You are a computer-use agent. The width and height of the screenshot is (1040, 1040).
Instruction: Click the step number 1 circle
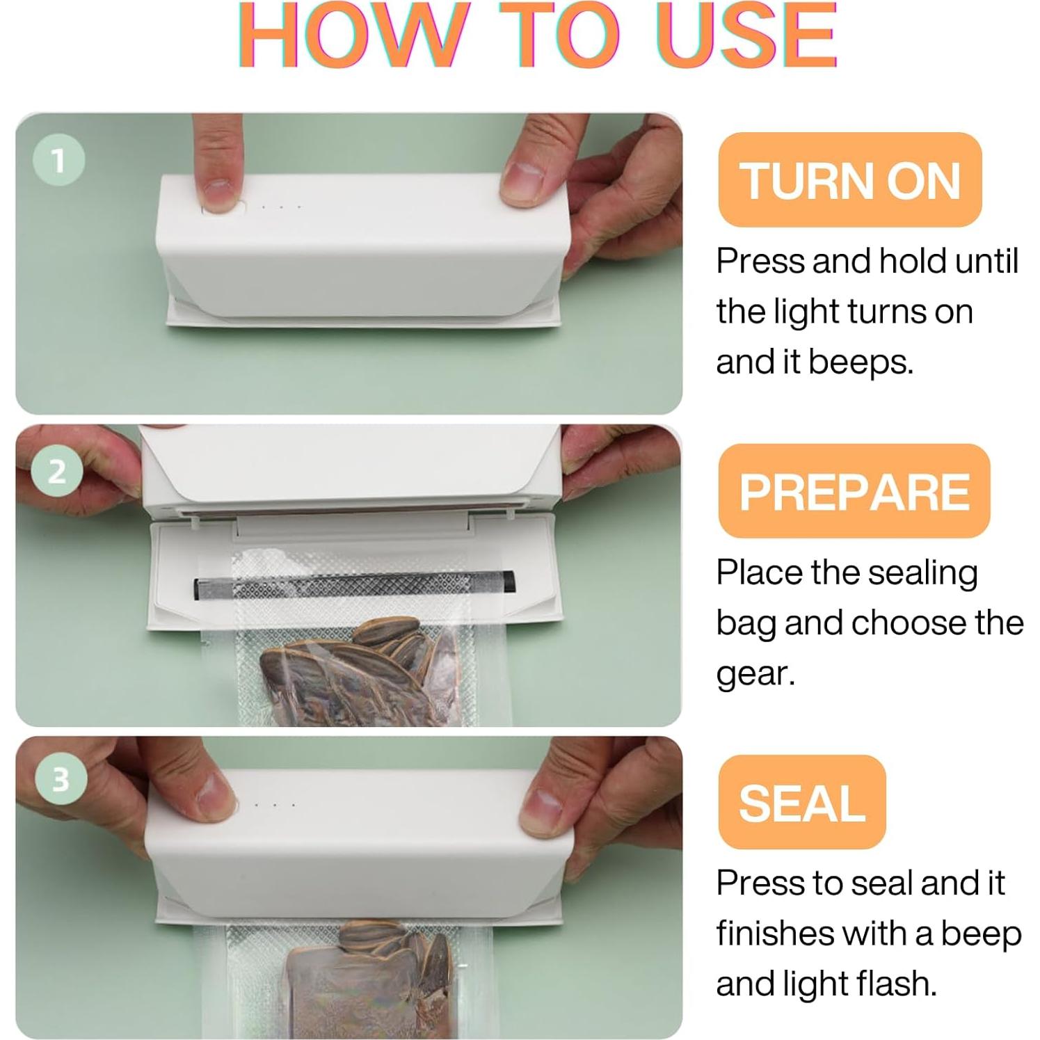(x=59, y=161)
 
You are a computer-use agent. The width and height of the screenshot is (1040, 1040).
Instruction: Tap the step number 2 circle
(x=58, y=472)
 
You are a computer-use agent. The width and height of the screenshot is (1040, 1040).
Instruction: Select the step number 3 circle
(x=61, y=778)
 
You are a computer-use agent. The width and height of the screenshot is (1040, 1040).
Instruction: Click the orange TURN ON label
(x=849, y=179)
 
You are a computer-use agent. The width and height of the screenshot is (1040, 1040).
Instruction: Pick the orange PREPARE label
(x=854, y=491)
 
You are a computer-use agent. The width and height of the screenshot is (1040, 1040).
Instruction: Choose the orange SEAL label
(x=801, y=802)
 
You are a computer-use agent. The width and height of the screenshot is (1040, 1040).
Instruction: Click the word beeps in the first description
(x=861, y=362)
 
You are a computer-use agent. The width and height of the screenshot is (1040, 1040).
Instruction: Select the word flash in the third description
(x=897, y=984)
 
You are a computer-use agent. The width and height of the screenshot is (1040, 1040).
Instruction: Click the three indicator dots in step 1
(x=281, y=207)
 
